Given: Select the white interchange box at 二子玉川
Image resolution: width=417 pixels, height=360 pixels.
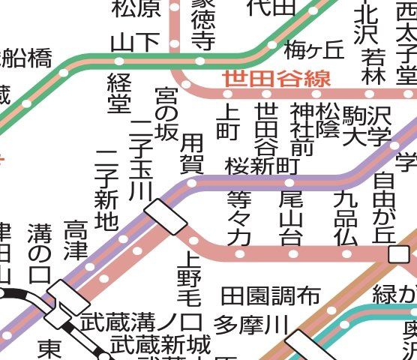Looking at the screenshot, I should pyautogui.click(x=166, y=215).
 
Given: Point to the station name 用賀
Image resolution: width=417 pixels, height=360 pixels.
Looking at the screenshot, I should pyautogui.click(x=192, y=152).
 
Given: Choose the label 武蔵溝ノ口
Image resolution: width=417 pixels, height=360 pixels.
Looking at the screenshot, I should pyautogui.click(x=142, y=324).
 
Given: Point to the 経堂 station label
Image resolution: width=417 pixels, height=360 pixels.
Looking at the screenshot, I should pyautogui.click(x=119, y=94).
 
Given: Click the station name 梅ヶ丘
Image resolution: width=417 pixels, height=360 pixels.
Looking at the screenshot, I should pyautogui.click(x=313, y=50).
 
